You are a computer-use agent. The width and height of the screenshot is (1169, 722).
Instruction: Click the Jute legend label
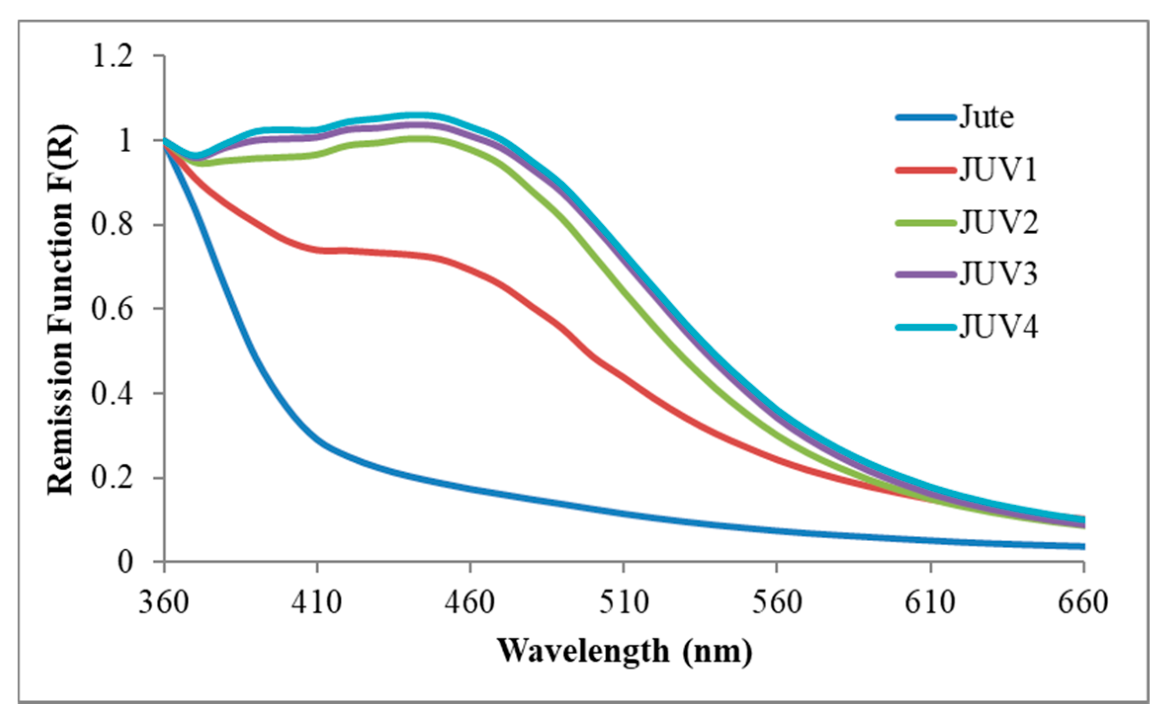click(986, 118)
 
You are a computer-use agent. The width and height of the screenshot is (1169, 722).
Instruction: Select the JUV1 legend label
click(998, 170)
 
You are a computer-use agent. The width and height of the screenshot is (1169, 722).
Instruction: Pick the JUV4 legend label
click(999, 327)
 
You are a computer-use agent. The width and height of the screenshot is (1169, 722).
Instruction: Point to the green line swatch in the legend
click(925, 223)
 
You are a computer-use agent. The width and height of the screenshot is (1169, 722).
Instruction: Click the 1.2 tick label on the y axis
click(112, 56)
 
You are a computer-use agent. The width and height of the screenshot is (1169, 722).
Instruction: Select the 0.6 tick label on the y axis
click(112, 309)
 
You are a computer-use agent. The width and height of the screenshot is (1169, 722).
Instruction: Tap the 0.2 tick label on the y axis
click(112, 478)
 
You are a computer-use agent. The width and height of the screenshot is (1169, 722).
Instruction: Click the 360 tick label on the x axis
click(164, 602)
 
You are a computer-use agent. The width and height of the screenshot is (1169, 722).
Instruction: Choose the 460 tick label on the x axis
click(470, 602)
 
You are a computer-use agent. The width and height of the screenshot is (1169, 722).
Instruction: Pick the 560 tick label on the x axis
click(777, 602)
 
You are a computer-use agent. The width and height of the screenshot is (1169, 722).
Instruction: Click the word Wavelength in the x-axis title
click(583, 651)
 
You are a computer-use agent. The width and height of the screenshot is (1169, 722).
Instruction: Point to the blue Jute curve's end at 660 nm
click(1082, 546)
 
